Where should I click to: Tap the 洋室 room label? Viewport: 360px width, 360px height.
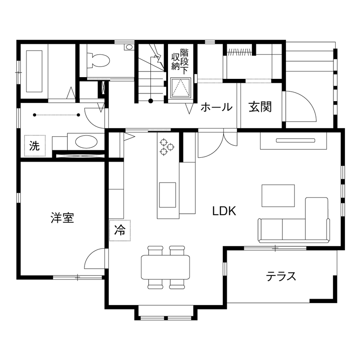tap(62, 218)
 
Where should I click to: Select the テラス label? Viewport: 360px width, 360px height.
tap(281, 276)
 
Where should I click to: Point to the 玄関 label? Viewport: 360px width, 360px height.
tap(260, 107)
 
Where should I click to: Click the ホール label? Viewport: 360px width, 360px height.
tap(216, 107)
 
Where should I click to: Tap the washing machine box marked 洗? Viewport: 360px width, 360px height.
tap(34, 146)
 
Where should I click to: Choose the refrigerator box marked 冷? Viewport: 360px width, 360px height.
tap(120, 231)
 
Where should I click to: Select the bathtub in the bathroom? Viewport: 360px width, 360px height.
tap(34, 72)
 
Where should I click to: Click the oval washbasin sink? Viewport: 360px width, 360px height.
tap(86, 141)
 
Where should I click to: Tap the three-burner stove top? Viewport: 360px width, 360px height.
tap(167, 147)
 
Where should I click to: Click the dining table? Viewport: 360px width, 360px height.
tap(165, 267)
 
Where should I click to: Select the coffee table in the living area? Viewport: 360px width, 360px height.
tap(278, 195)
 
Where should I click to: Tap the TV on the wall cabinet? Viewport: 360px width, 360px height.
tap(296, 140)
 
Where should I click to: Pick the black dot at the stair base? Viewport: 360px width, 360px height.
tap(151, 101)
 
